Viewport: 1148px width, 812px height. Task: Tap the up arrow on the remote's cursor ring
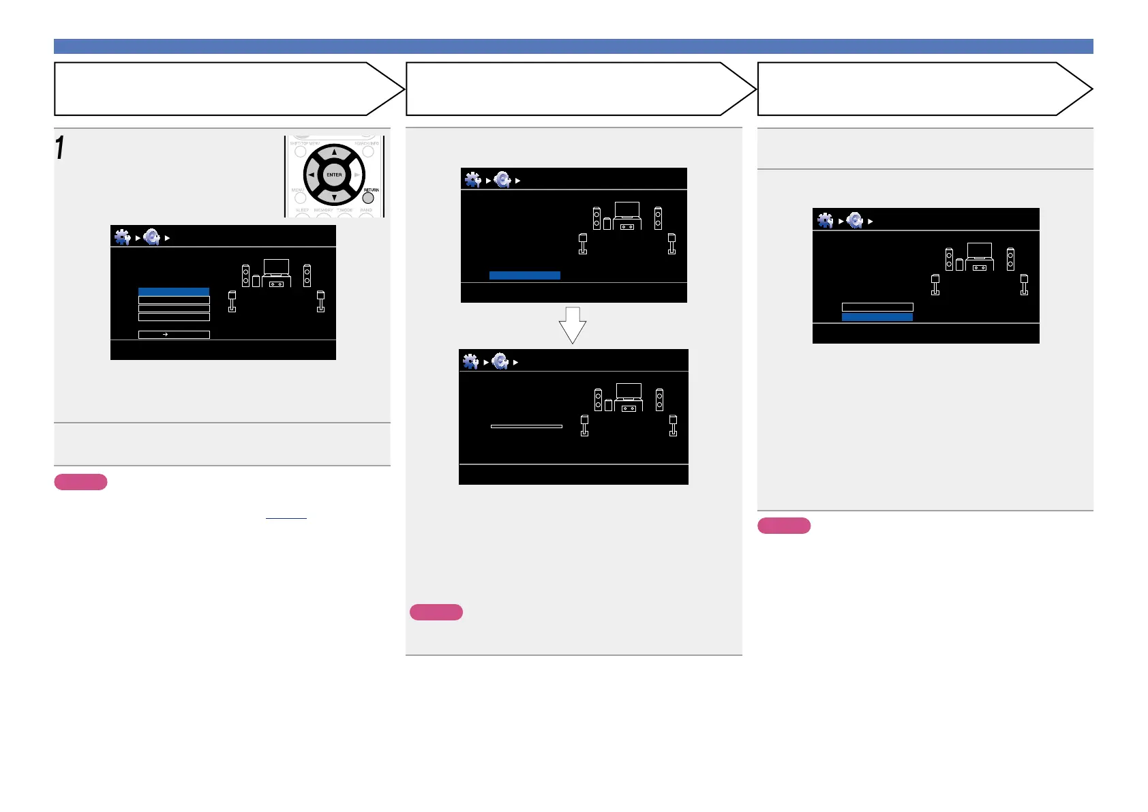[x=334, y=153]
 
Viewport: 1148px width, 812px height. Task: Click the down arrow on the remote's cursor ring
[x=334, y=197]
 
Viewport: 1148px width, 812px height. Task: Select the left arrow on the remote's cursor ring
[x=312, y=175]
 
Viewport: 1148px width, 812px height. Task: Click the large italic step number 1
[x=60, y=148]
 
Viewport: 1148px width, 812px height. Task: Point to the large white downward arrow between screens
[x=573, y=325]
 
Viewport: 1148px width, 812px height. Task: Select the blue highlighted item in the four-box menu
[x=174, y=292]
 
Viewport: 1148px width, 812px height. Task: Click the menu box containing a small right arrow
[x=174, y=335]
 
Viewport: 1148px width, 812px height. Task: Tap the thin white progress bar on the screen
[x=526, y=426]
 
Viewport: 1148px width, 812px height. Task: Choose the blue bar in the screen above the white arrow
[x=525, y=275]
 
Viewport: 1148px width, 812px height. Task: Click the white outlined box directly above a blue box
[x=877, y=307]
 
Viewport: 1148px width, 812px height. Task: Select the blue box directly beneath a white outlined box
[x=877, y=317]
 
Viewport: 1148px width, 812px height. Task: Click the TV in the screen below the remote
[x=276, y=267]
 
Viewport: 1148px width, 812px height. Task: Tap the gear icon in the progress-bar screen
[x=470, y=361]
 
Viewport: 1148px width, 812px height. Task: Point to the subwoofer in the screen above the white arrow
[x=607, y=223]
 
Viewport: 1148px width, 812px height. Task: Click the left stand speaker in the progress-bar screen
[x=584, y=425]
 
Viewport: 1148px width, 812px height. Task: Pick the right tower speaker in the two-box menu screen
[x=1010, y=259]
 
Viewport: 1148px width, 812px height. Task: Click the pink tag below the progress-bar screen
[x=436, y=612]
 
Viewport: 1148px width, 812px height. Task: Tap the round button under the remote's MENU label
[x=300, y=198]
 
